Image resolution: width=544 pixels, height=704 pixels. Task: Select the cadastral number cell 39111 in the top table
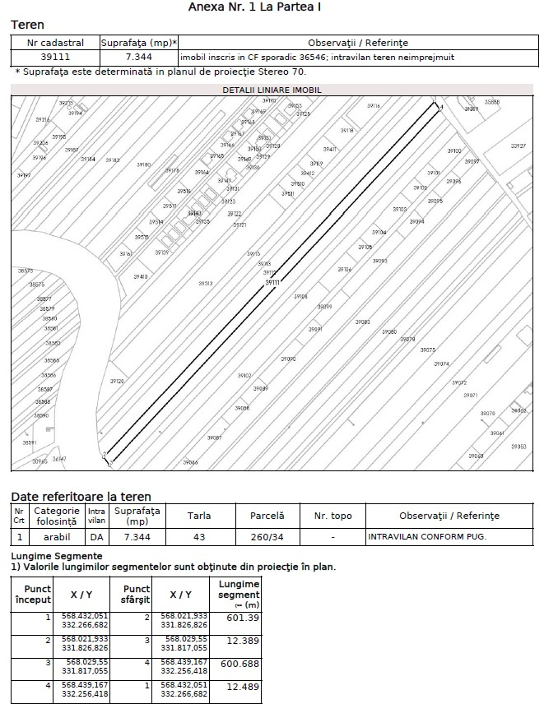pyautogui.click(x=55, y=58)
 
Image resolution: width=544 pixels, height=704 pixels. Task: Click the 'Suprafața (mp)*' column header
pyautogui.click(x=139, y=42)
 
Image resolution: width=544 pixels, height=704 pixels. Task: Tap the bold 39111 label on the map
pyautogui.click(x=272, y=282)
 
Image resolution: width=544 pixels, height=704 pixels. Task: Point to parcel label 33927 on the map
pyautogui.click(x=518, y=146)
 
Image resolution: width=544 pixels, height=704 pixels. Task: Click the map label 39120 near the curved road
pyautogui.click(x=117, y=382)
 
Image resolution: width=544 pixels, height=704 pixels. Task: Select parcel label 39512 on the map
pyautogui.click(x=205, y=283)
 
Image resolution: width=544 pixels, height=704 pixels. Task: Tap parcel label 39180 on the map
pyautogui.click(x=143, y=164)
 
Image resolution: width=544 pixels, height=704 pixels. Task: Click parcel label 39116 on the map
pyautogui.click(x=374, y=106)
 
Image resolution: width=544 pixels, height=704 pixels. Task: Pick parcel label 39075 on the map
pyautogui.click(x=428, y=350)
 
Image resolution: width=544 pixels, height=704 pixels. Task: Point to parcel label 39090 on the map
pyautogui.click(x=288, y=359)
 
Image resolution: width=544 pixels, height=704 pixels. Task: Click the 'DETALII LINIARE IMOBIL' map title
pyautogui.click(x=272, y=89)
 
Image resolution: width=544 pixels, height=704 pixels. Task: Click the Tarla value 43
pyautogui.click(x=198, y=537)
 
